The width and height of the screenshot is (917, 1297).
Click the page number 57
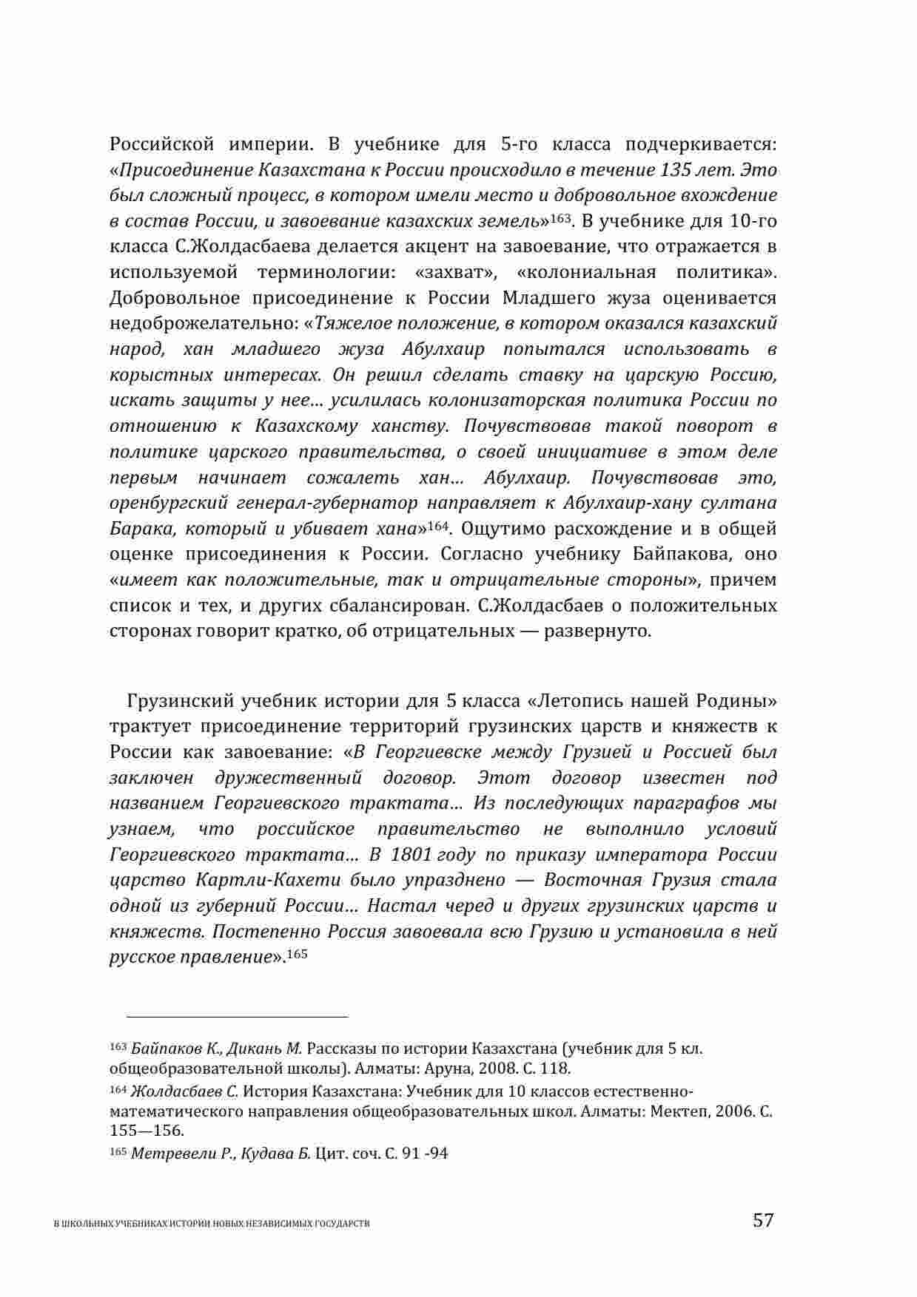tap(762, 1219)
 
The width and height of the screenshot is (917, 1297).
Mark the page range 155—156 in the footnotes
tap(147, 1131)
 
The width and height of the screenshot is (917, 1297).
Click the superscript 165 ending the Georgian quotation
tap(297, 954)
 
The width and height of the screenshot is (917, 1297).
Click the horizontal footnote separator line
tap(237, 1017)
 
